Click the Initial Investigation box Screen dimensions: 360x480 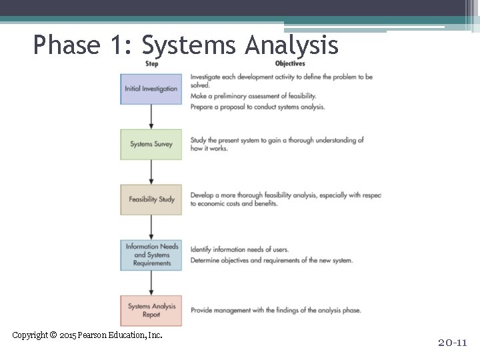(x=151, y=89)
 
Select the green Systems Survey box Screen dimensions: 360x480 (x=151, y=144)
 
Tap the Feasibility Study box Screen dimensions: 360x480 (x=151, y=199)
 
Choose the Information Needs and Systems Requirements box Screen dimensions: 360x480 (x=151, y=255)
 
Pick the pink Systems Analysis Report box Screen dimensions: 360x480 (x=151, y=310)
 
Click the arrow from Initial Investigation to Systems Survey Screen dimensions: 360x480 (x=151, y=117)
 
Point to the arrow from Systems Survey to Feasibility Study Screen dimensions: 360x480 (x=151, y=172)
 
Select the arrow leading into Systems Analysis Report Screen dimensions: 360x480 (x=151, y=283)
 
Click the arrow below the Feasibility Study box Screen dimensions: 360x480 (x=151, y=227)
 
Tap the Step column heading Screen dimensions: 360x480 (x=152, y=64)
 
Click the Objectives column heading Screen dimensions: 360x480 (x=290, y=64)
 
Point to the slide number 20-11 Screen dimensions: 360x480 (x=453, y=343)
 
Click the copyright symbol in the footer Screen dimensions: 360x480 (x=53, y=335)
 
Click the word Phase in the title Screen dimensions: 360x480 (x=65, y=45)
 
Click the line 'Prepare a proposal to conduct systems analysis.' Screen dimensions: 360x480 (x=257, y=107)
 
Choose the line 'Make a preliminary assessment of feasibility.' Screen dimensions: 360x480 (x=253, y=96)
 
